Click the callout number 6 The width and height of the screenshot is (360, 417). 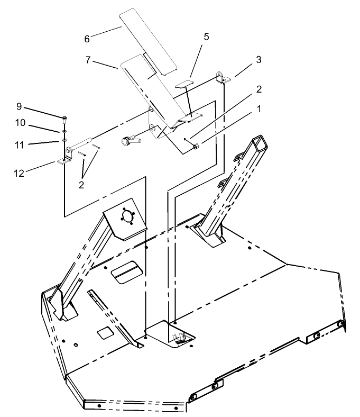tap(87, 39)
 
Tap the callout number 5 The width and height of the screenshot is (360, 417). tap(207, 37)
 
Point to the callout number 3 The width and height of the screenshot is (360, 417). tap(259, 59)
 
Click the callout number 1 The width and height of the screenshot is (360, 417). tap(259, 109)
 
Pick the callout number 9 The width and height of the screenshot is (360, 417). tap(19, 106)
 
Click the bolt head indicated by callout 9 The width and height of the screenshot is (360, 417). tap(64, 118)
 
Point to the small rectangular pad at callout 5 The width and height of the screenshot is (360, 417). tap(184, 84)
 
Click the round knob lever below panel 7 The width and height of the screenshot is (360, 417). tap(129, 141)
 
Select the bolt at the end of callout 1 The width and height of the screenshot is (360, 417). tap(196, 146)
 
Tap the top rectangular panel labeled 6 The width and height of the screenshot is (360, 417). tap(149, 40)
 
